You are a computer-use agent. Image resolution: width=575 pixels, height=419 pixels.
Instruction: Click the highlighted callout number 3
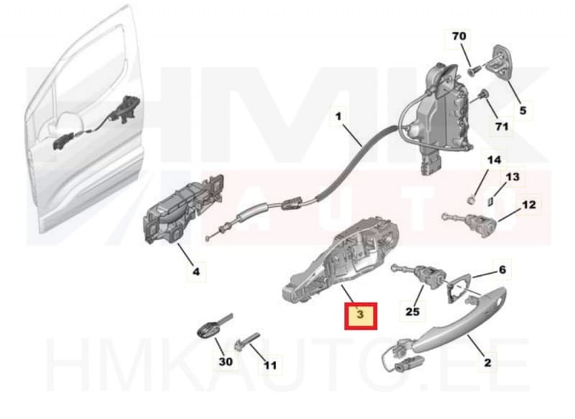click(361, 315)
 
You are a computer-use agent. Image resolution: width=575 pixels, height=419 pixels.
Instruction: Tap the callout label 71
click(501, 126)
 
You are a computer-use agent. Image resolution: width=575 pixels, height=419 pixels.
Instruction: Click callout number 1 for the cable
click(339, 114)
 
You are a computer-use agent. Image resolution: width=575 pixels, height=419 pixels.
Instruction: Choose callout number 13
click(512, 176)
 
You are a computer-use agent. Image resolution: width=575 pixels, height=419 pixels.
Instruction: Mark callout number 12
click(528, 205)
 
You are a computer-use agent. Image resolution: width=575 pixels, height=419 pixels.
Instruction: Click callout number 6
click(502, 270)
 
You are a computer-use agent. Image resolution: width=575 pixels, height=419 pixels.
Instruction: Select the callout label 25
click(412, 311)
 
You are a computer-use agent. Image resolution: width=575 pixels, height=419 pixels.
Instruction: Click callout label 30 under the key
click(226, 362)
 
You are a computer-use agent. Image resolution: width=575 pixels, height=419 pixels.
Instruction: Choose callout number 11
click(270, 365)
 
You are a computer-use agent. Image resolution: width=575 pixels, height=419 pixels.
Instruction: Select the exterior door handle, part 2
click(460, 316)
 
